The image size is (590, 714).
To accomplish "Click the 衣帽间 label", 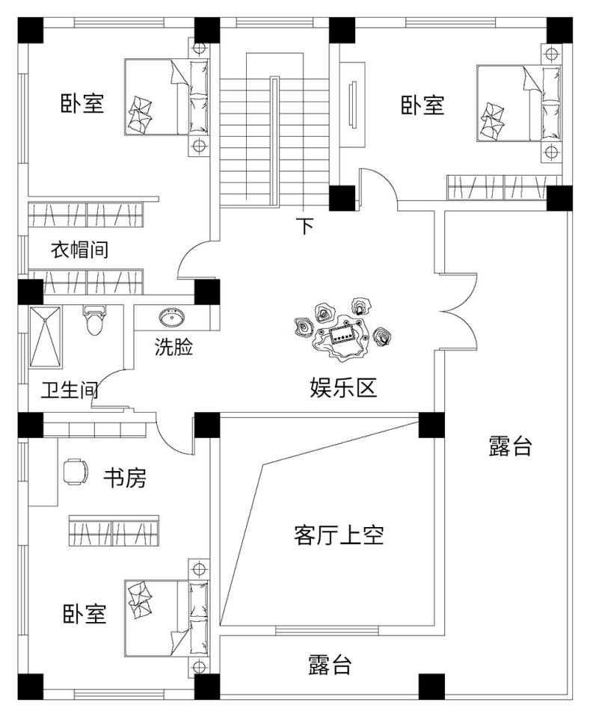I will pyautogui.click(x=79, y=249).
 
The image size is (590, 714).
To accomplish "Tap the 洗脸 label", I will pyautogui.click(x=173, y=347).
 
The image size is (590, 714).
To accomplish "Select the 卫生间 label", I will pyautogui.click(x=69, y=390).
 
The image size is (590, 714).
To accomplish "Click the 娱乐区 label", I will pyautogui.click(x=343, y=387).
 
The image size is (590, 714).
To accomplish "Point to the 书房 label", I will pyautogui.click(x=124, y=478).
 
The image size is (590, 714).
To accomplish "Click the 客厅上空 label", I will pyautogui.click(x=339, y=535).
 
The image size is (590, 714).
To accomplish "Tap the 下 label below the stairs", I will pyautogui.click(x=304, y=226).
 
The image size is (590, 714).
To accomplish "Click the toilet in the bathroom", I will pyautogui.click(x=94, y=322).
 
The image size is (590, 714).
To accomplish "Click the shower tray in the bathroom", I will pyautogui.click(x=48, y=338).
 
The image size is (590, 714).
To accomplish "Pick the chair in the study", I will pyautogui.click(x=74, y=472).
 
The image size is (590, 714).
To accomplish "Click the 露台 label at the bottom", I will pyautogui.click(x=330, y=665).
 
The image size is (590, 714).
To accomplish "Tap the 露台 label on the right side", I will pyautogui.click(x=510, y=447).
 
